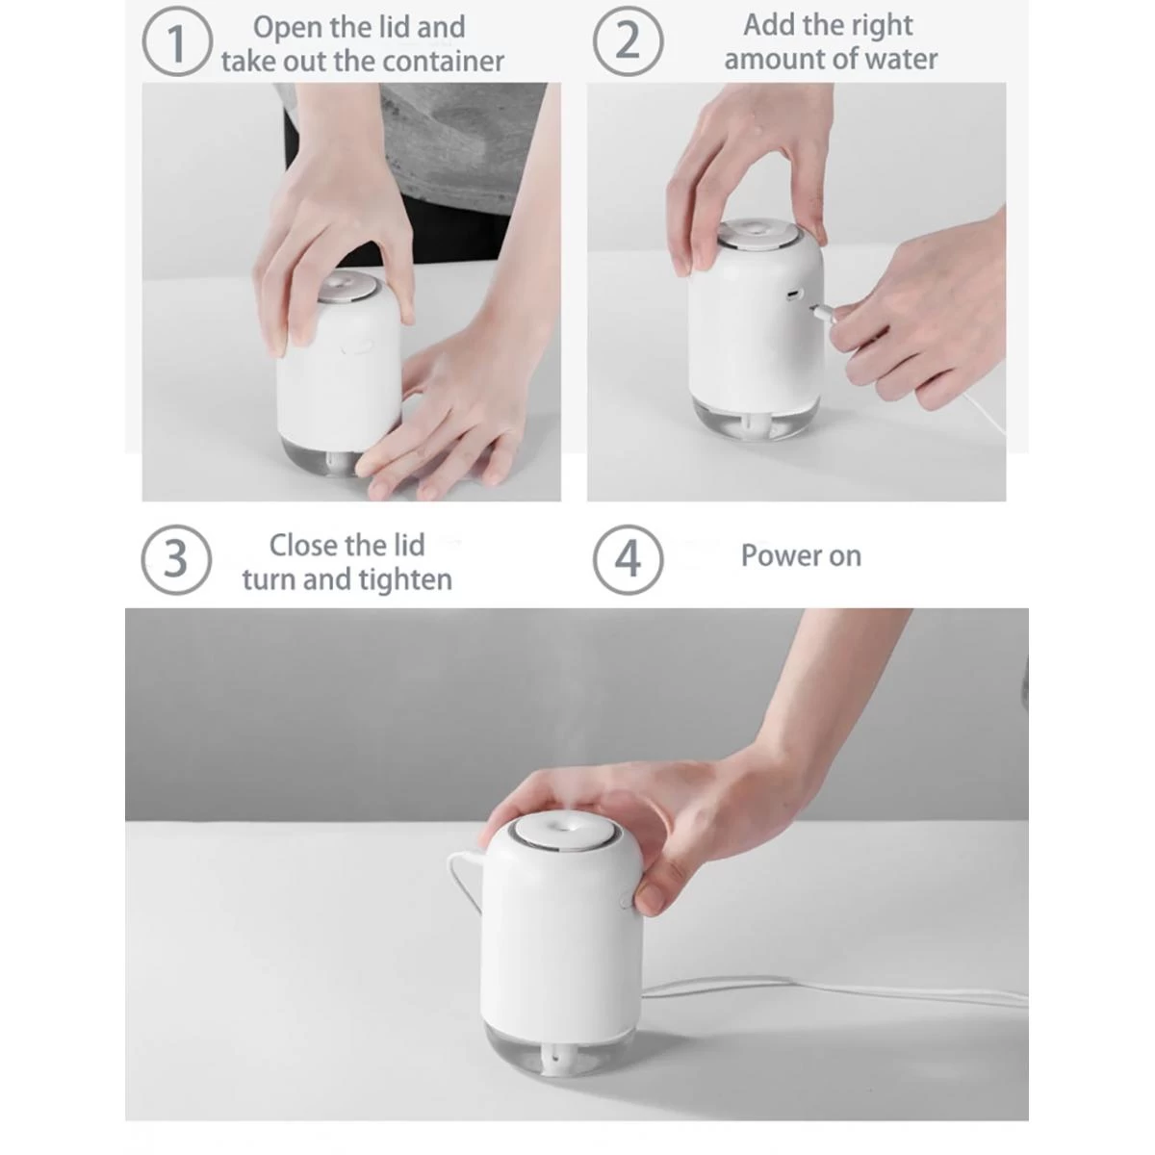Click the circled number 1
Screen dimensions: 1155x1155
point(177,44)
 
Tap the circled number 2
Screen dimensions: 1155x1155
point(628,42)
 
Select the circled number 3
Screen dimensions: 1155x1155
point(176,559)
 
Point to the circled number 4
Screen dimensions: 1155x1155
point(628,559)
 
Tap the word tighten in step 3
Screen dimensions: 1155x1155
point(404,580)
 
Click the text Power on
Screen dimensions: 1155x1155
point(801,556)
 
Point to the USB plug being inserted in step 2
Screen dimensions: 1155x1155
point(824,310)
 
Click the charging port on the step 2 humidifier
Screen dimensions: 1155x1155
point(792,293)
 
